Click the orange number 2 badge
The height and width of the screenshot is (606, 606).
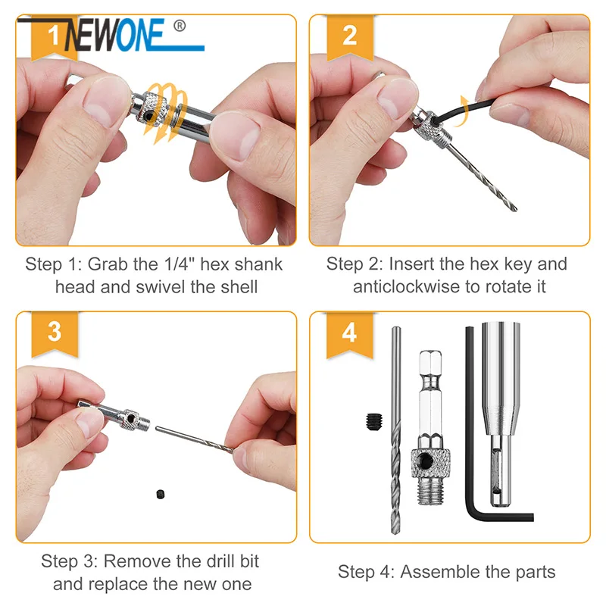click(x=350, y=37)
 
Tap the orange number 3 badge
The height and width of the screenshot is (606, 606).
click(x=55, y=333)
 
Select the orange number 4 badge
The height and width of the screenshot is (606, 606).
click(x=349, y=334)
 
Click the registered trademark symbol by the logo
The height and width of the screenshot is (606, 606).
click(x=180, y=26)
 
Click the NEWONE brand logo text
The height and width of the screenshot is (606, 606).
click(x=114, y=35)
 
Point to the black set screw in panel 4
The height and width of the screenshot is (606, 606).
click(x=373, y=422)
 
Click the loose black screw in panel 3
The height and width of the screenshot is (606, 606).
click(x=161, y=494)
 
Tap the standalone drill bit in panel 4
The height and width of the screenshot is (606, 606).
click(x=395, y=430)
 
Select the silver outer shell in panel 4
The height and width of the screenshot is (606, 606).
click(x=501, y=414)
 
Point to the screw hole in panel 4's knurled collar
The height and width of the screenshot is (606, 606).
click(x=426, y=461)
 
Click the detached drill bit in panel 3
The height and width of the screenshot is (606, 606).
click(x=194, y=439)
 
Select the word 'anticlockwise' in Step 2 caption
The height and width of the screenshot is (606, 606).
click(x=407, y=287)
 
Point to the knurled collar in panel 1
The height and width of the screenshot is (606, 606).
click(x=156, y=109)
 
